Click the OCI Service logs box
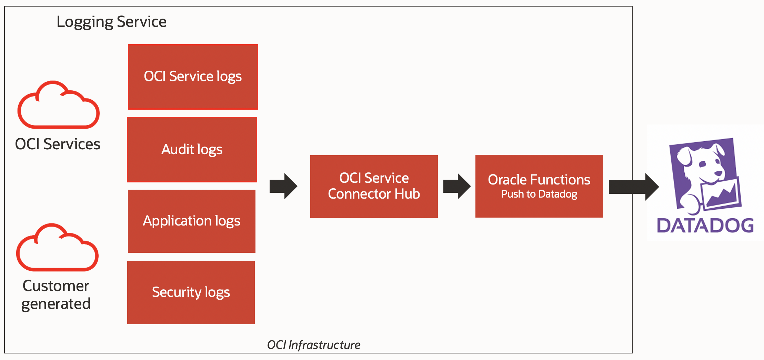coord(193,77)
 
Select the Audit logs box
coord(192,149)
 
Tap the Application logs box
coord(191,221)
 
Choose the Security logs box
coord(191,292)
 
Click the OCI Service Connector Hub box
coord(374,186)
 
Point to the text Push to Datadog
coord(539,194)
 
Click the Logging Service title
coord(111,22)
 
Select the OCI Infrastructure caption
coord(313,344)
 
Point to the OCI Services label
coord(58,144)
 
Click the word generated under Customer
coord(56,304)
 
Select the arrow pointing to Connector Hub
coord(283,186)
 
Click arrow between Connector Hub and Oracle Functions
coord(456,186)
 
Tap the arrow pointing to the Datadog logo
coord(633,187)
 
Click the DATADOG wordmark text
coord(705,226)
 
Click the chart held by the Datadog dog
coord(722,194)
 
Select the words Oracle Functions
coord(539,180)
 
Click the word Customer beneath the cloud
coord(56,286)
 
